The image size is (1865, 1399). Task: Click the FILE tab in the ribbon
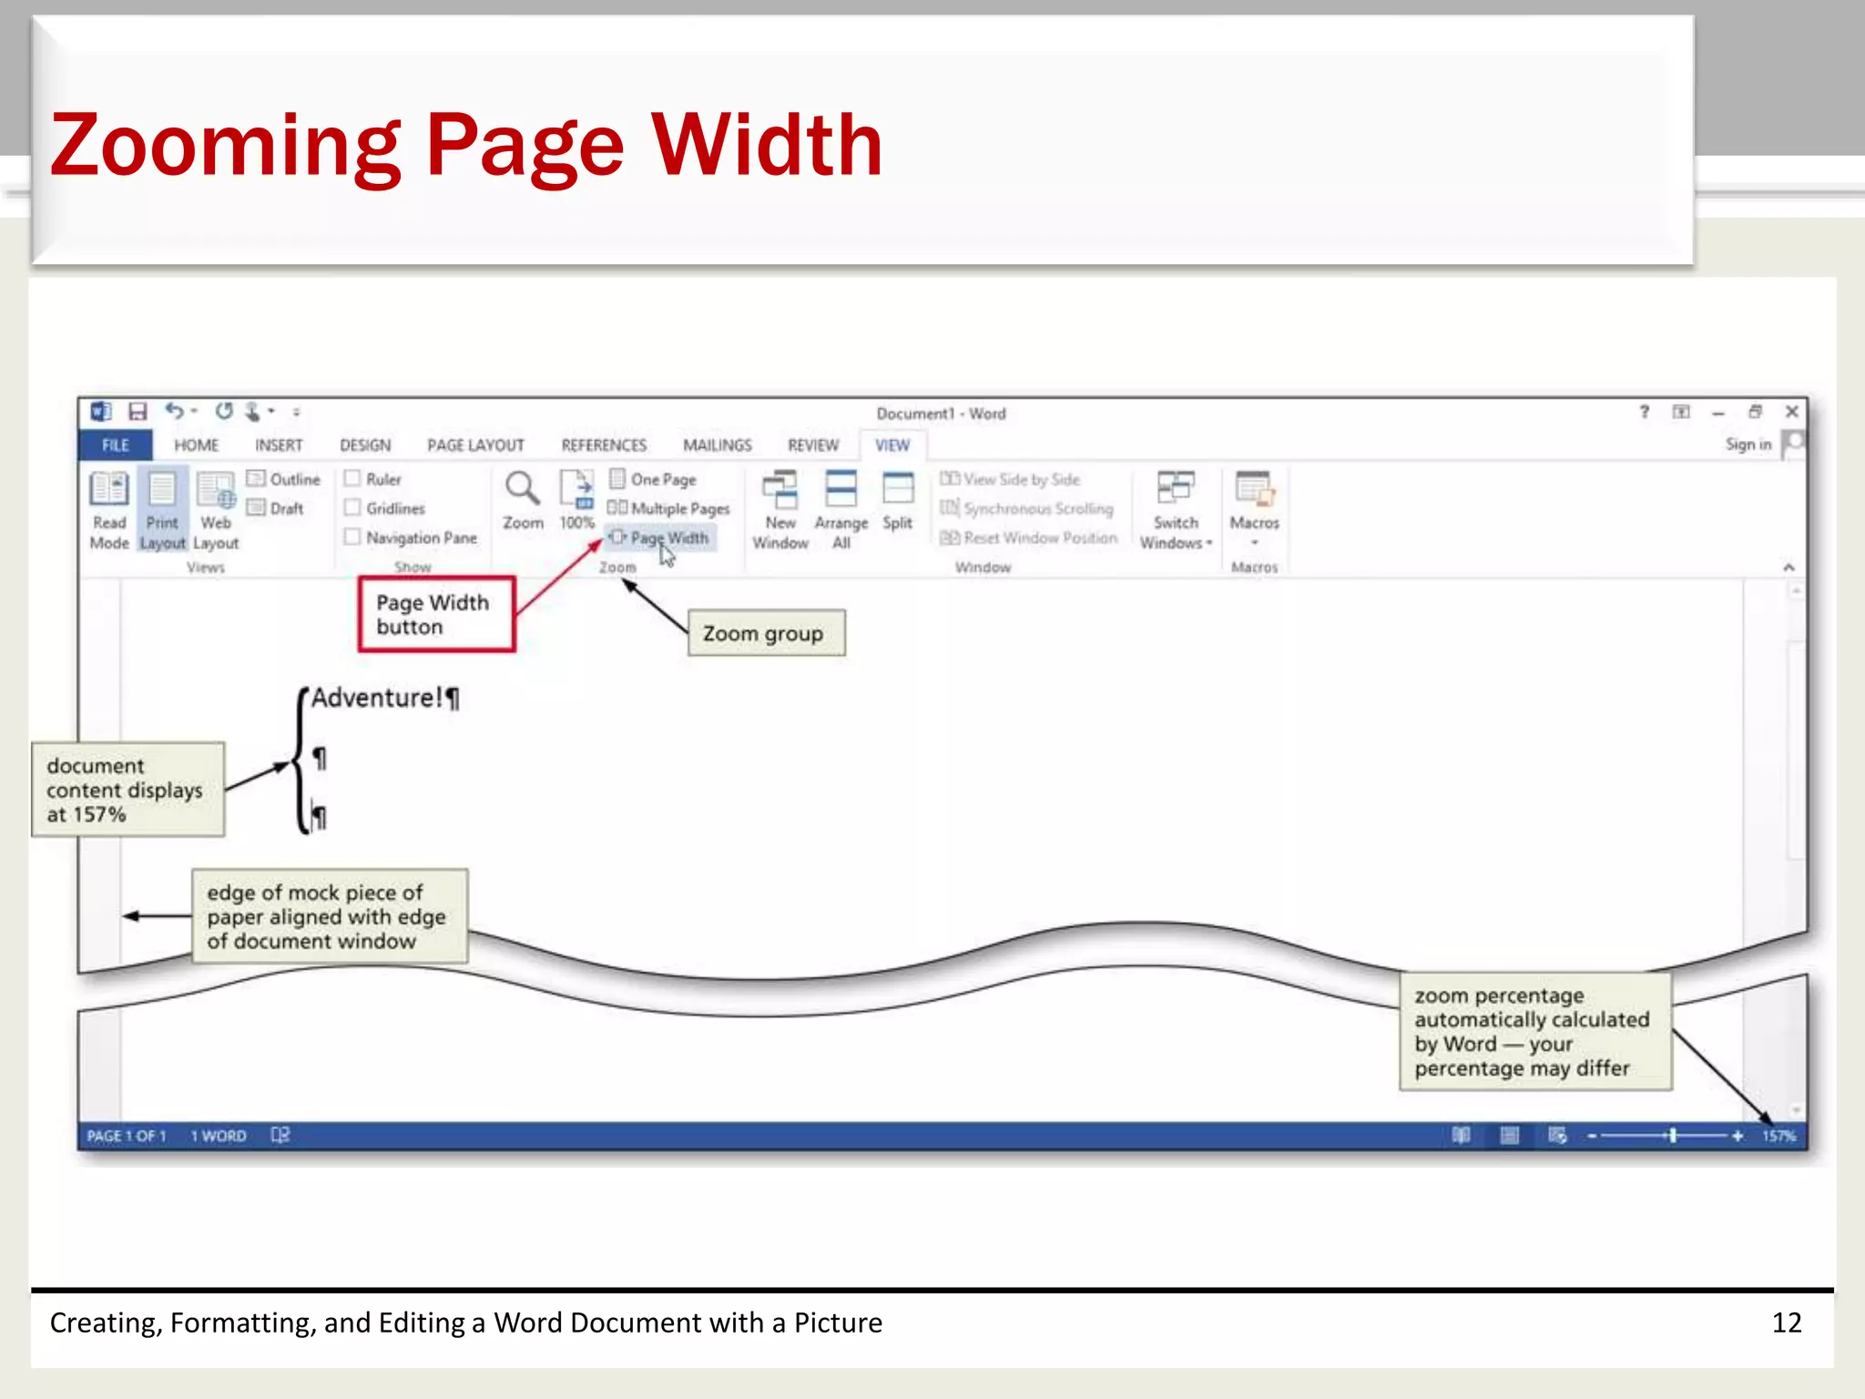(115, 445)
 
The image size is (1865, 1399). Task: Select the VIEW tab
(892, 445)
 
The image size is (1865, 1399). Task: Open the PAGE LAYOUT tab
(475, 445)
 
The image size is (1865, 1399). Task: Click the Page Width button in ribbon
(661, 538)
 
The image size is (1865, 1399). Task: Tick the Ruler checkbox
(352, 478)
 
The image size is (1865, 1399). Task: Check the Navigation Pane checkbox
(352, 537)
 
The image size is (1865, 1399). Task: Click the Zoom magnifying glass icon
(522, 489)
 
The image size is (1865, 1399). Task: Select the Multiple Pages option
(669, 508)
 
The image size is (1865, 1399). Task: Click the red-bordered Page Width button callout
(436, 615)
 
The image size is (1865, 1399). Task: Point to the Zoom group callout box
(765, 633)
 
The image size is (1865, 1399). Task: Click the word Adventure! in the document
(376, 699)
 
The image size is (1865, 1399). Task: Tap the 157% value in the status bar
(1778, 1136)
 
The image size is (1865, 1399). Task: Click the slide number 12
(1786, 1322)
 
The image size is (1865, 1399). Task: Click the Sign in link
(1748, 444)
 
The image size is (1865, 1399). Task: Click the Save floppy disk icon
(138, 413)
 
